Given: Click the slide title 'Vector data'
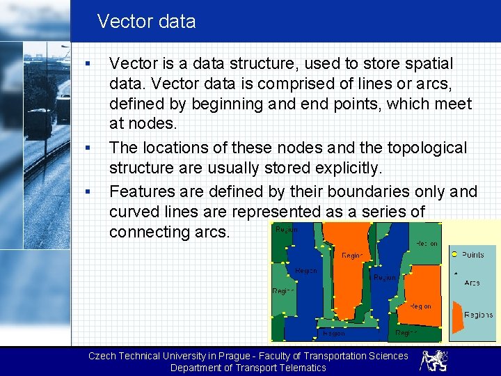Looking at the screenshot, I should coord(146,22).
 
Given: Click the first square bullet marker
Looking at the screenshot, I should coord(87,65).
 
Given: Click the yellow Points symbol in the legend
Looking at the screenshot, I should coord(454,255).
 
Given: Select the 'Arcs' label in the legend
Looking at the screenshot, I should coord(472,283).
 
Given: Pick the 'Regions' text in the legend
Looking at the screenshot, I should coord(479,315).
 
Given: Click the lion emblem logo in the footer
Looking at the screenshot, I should coord(434,361).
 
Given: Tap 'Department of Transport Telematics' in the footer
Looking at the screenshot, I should coord(248,368).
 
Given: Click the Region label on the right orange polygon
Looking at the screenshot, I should coord(420,306).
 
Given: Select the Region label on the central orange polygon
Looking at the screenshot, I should coord(351,256).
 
